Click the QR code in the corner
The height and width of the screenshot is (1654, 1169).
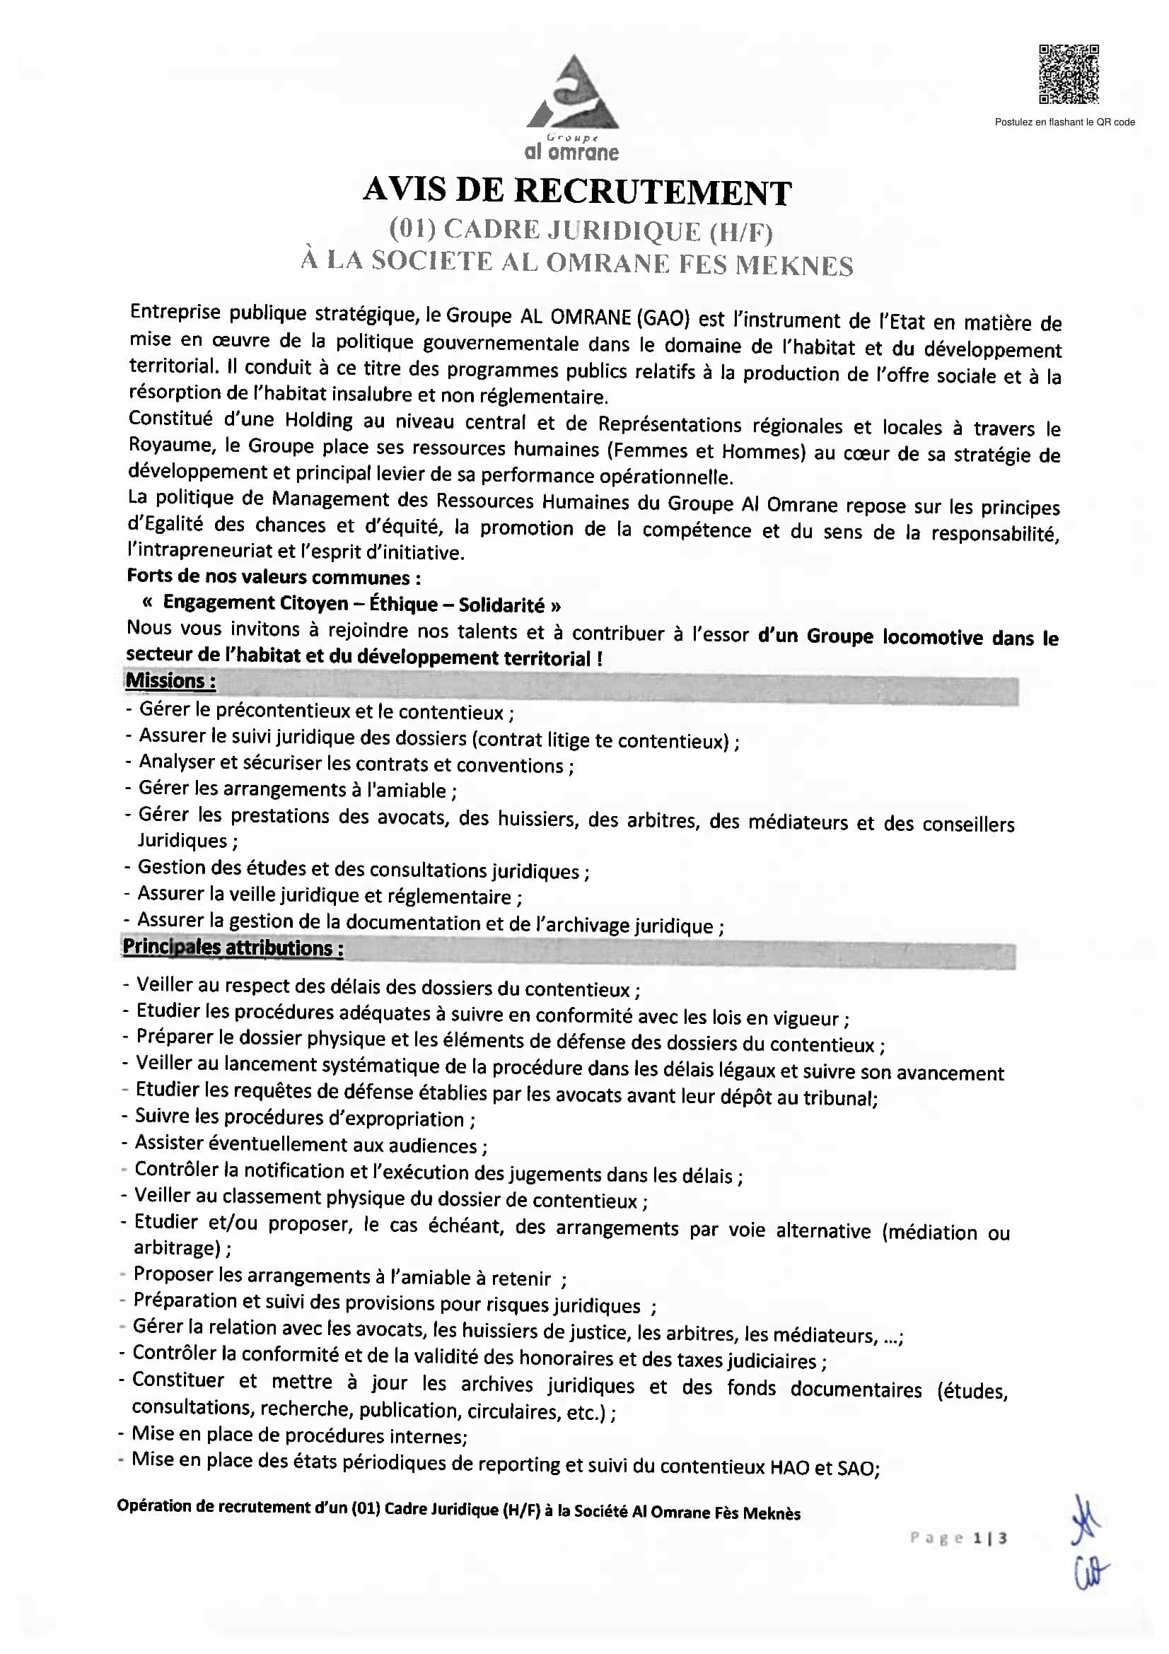pos(1068,74)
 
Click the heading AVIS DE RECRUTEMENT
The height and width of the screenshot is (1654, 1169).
pos(577,191)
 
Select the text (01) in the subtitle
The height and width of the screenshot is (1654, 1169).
pos(412,229)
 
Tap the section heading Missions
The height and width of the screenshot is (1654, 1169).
pos(170,681)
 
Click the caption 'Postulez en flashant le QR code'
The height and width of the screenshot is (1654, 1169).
pos(1064,122)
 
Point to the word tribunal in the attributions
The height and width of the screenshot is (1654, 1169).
pos(842,1098)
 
